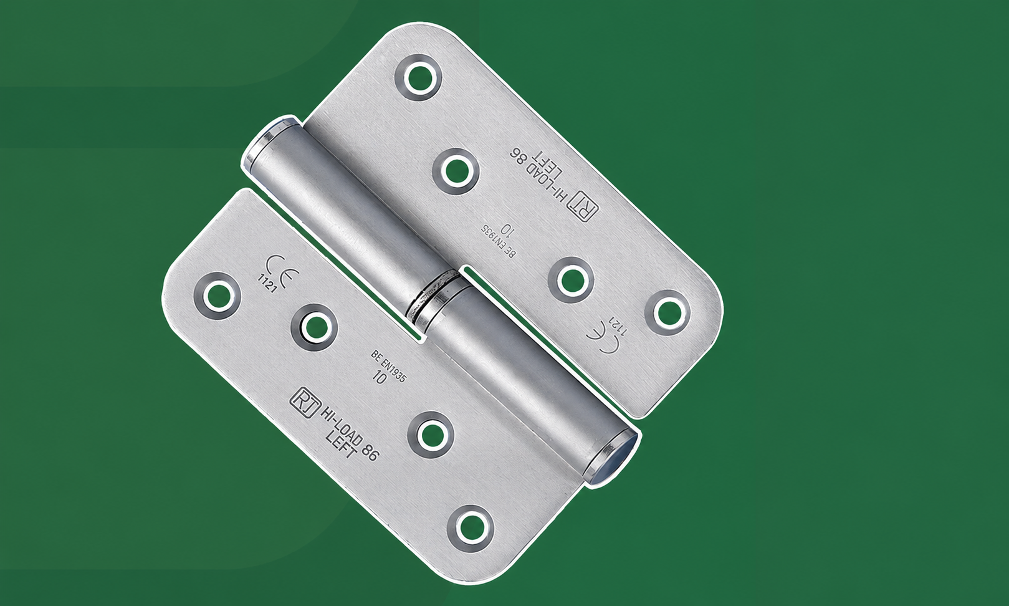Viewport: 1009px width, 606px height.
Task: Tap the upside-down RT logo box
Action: click(x=584, y=208)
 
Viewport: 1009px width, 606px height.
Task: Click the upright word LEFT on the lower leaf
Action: click(x=341, y=445)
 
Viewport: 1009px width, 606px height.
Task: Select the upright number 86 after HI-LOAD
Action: click(x=369, y=451)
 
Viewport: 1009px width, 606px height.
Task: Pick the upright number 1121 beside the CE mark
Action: click(x=267, y=284)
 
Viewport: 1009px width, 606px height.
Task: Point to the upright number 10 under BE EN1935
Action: click(x=380, y=376)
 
